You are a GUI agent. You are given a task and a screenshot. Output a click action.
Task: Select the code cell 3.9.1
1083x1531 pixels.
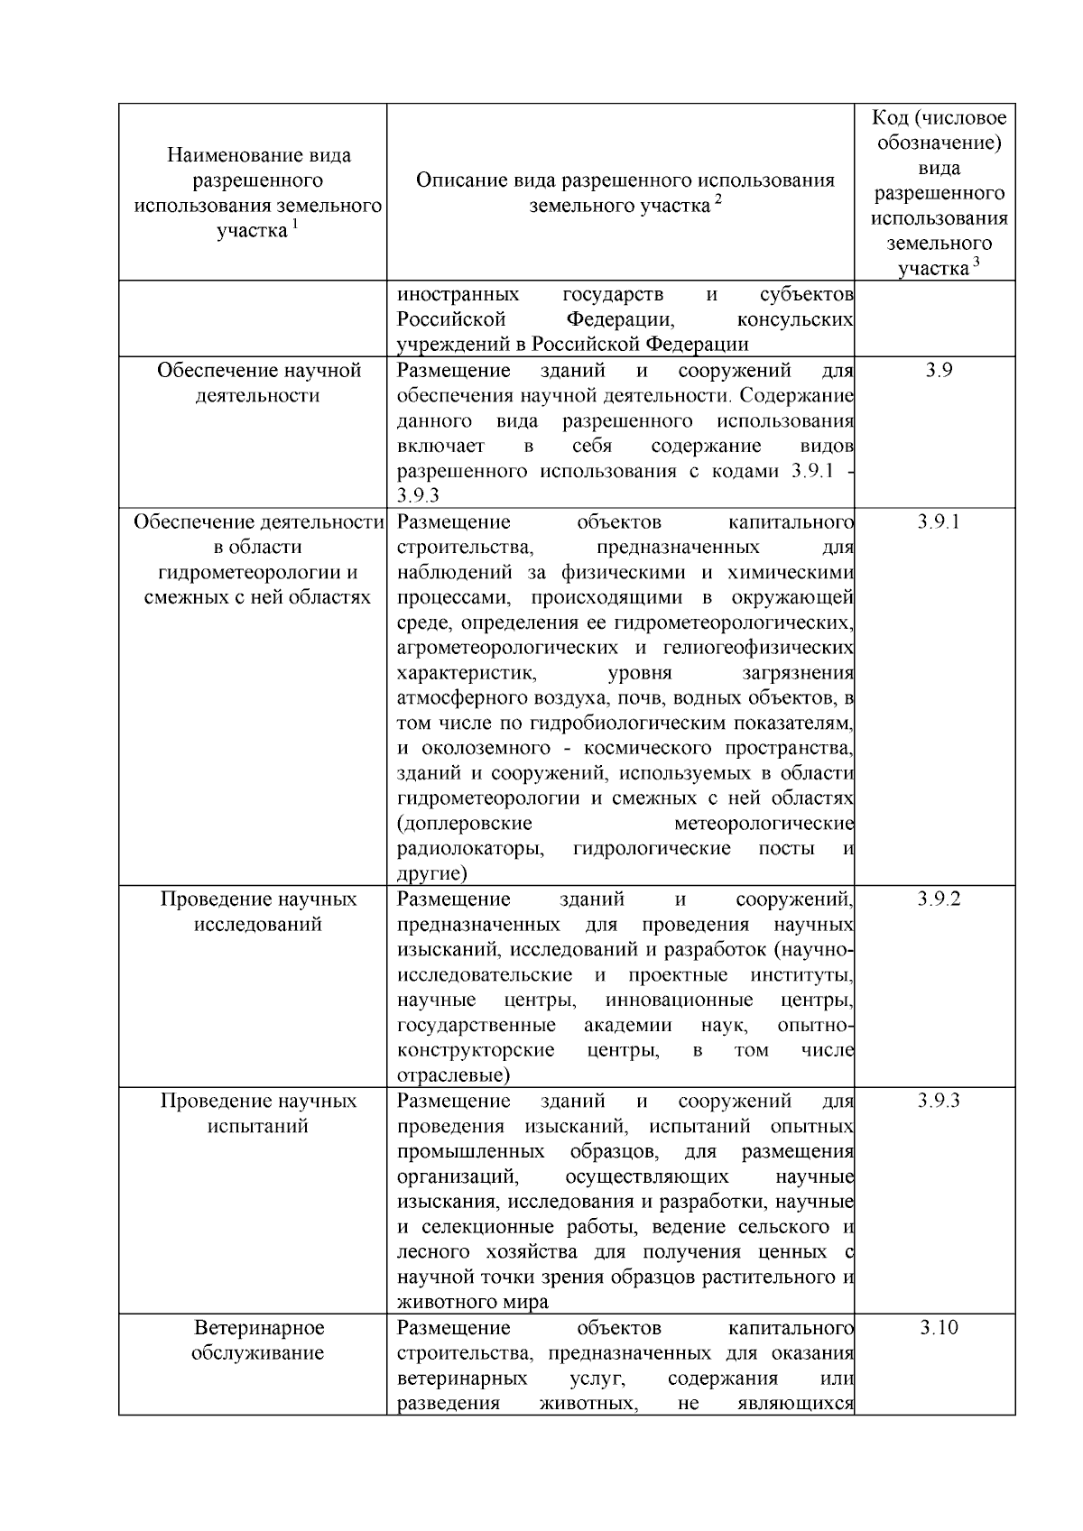tap(939, 522)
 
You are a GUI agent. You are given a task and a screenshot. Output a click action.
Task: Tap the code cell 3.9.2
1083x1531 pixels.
tap(939, 899)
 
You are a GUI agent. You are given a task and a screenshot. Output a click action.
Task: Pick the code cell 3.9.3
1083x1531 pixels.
tap(939, 1101)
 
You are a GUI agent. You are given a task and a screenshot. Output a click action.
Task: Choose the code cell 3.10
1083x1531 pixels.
tap(939, 1328)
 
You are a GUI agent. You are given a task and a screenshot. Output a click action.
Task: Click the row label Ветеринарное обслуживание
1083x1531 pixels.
tap(258, 1341)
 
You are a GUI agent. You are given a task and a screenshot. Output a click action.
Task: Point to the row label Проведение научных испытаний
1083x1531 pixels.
tap(258, 1113)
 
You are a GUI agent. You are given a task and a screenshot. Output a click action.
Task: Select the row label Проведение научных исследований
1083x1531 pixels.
tap(258, 912)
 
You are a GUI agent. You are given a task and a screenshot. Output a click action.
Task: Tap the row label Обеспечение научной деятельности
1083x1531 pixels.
tap(258, 383)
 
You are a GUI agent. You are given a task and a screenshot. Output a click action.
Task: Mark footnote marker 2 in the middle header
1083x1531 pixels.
tap(718, 199)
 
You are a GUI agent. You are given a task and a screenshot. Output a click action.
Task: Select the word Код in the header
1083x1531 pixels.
tap(892, 118)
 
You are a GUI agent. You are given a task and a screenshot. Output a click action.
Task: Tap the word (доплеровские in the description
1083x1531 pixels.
tap(464, 824)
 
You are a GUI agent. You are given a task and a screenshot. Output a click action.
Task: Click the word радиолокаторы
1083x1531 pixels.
tap(470, 849)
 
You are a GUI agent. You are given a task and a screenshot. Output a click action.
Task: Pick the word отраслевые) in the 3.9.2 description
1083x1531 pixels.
tap(453, 1075)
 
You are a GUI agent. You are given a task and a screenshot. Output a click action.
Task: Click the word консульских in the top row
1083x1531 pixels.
tap(795, 320)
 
